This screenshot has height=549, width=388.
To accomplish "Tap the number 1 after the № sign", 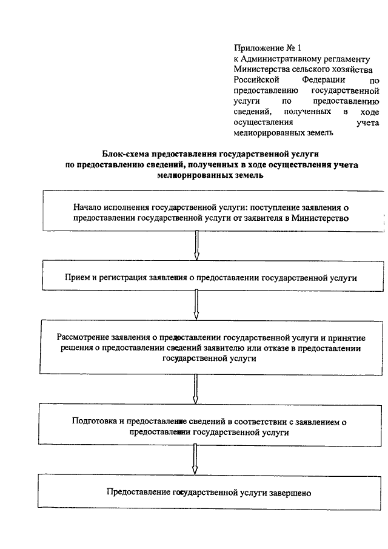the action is (299, 48).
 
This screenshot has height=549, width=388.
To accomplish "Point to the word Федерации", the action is (323, 80).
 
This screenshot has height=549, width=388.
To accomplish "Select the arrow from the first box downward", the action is (196, 245).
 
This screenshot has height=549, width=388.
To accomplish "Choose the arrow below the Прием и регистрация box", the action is (196, 305).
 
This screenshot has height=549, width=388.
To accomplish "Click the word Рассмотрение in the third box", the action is (82, 338).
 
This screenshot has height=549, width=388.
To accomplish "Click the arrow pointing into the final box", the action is (195, 459).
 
